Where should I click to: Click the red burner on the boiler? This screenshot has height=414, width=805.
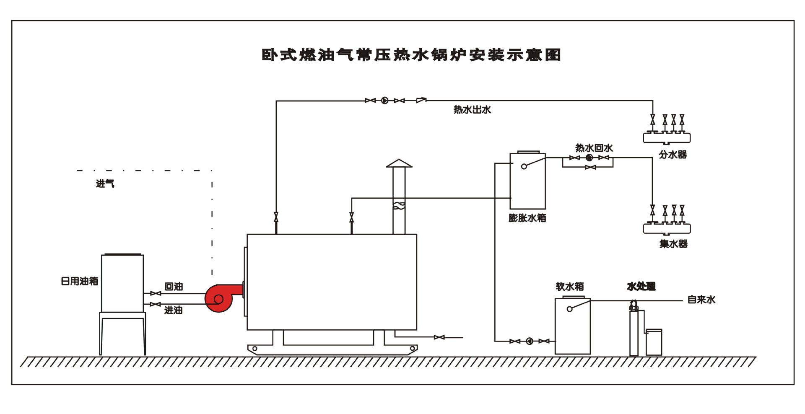220,298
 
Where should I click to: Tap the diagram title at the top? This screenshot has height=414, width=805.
411,55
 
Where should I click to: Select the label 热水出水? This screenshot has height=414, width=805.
472,110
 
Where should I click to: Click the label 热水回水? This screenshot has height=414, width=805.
594,148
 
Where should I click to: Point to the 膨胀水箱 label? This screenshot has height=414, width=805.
527,218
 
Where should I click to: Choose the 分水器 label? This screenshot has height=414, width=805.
673,155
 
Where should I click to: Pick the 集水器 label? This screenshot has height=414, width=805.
673,244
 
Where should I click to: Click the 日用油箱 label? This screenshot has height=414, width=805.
79,281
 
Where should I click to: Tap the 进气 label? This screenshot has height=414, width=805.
105,184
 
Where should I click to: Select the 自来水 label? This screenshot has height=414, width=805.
701,300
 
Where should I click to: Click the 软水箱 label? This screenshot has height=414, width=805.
569,287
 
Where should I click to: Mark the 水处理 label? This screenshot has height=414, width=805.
641,287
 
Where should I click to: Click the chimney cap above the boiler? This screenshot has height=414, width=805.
399,163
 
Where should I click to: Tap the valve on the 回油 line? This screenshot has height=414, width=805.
156,293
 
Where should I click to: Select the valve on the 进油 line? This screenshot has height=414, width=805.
156,304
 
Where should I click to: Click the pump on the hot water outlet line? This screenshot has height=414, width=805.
384,101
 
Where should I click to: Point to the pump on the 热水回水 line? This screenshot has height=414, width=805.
589,158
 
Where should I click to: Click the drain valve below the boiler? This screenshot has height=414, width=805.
439,337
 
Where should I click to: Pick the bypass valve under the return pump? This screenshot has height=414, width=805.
590,167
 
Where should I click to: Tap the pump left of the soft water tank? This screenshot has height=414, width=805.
529,341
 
